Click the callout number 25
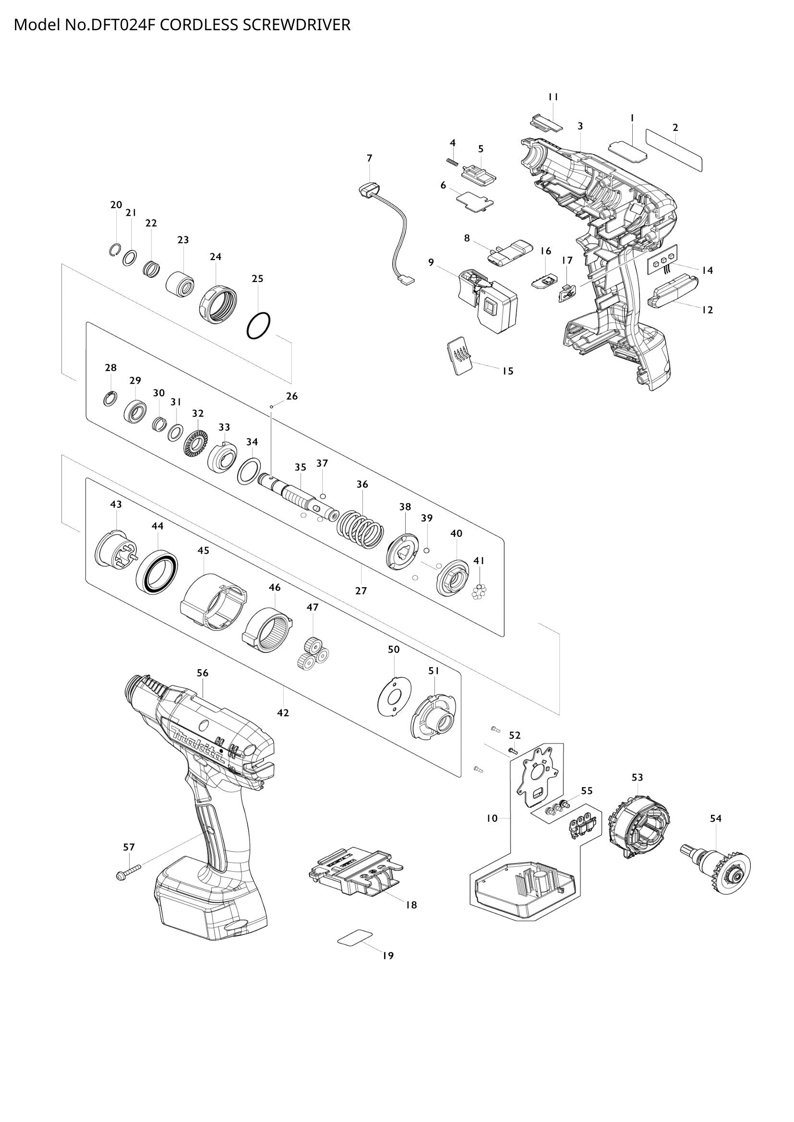coord(257,279)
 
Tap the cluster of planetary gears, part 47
coord(313,654)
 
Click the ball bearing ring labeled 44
coord(157,571)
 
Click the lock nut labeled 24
coord(217,304)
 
